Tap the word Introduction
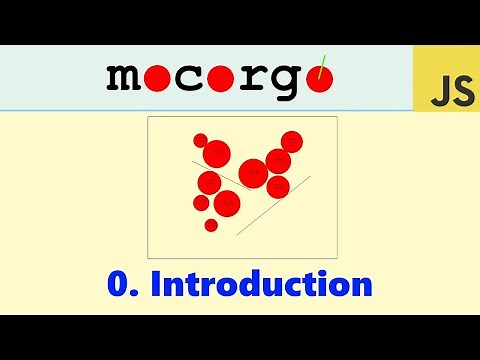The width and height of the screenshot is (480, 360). (x=261, y=284)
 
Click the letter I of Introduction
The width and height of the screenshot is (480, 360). (x=155, y=284)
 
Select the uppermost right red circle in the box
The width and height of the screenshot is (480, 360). (x=291, y=141)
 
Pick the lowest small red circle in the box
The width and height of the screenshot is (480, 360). (x=211, y=225)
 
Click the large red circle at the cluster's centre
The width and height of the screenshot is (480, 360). (x=253, y=173)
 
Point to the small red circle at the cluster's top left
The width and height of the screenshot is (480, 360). (x=200, y=140)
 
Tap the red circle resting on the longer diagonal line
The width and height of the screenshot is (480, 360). (x=278, y=187)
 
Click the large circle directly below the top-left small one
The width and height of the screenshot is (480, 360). (x=217, y=154)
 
